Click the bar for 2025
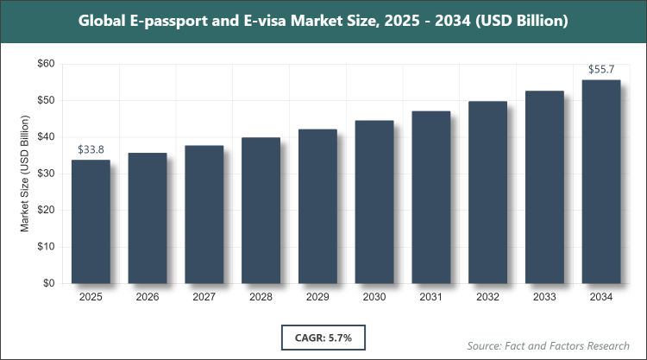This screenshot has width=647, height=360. click(x=91, y=222)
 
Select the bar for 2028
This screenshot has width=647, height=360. click(x=261, y=211)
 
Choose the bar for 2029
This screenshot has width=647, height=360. click(x=317, y=206)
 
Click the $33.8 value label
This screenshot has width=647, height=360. click(x=91, y=150)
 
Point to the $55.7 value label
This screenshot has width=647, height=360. click(x=601, y=70)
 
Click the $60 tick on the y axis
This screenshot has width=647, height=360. click(x=45, y=64)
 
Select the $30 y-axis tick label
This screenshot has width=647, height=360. click(x=45, y=174)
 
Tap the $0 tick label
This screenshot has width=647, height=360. click(x=48, y=283)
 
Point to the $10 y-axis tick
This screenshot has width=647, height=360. click(x=45, y=247)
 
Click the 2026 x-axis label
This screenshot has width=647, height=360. click(x=148, y=297)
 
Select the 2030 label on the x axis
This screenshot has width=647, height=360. click(x=374, y=297)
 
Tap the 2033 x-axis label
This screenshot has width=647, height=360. click(x=544, y=297)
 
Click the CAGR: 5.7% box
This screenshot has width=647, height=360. click(x=323, y=335)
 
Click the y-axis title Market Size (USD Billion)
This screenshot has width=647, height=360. click(x=25, y=174)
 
